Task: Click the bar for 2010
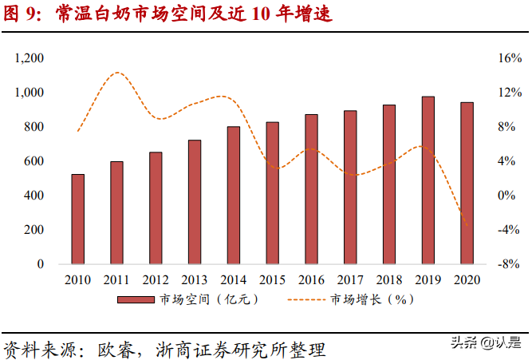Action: [x=78, y=219]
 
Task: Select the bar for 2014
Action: [x=233, y=195]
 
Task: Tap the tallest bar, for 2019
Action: [x=428, y=180]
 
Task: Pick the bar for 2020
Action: [x=467, y=183]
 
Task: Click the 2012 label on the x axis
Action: [x=156, y=279]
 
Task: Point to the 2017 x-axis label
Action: [x=350, y=279]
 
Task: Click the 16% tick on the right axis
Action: [x=509, y=58]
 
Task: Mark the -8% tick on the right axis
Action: [x=509, y=264]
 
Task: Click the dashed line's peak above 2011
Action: [x=117, y=73]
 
